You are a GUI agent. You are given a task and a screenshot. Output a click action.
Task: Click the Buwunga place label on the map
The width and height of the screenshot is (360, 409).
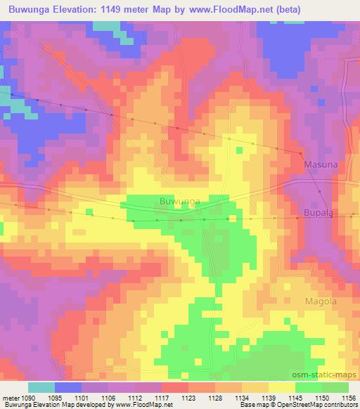[180, 201]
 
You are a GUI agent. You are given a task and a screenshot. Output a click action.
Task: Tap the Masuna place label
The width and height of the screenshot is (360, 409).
[321, 164]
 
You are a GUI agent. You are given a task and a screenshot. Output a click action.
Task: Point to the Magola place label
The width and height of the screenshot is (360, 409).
[321, 301]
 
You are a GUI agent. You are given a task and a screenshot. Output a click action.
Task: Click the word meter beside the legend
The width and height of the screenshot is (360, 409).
[10, 397]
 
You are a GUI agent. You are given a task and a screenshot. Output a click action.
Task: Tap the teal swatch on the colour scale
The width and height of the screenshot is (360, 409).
[41, 387]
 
